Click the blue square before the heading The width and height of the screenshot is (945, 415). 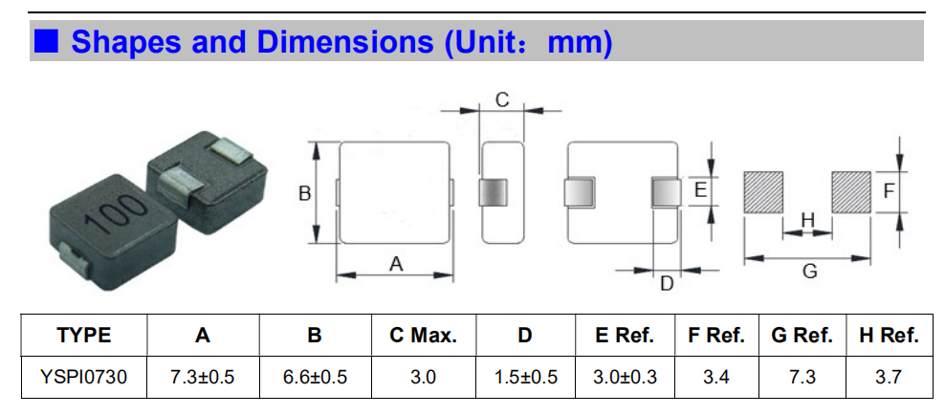46,41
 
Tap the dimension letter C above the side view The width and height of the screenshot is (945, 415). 502,99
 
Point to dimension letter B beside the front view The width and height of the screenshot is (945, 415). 305,194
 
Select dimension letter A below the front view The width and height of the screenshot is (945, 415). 396,264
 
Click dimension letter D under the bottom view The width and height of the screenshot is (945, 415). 667,283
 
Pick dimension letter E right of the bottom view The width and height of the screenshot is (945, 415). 700,190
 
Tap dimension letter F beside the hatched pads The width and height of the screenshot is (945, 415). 889,191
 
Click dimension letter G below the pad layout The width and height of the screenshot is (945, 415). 810,272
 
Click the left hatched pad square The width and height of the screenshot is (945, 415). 763,192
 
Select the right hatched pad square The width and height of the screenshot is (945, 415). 851,192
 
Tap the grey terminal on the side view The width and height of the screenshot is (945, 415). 494,192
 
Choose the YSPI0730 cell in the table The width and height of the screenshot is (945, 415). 84,378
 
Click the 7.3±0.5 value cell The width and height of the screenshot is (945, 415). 203,378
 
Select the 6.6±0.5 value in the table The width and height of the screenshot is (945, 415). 316,378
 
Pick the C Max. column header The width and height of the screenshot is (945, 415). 423,336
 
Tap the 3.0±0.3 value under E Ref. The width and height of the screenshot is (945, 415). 625,378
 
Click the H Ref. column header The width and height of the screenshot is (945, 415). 889,336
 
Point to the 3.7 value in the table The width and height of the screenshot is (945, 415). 889,378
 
